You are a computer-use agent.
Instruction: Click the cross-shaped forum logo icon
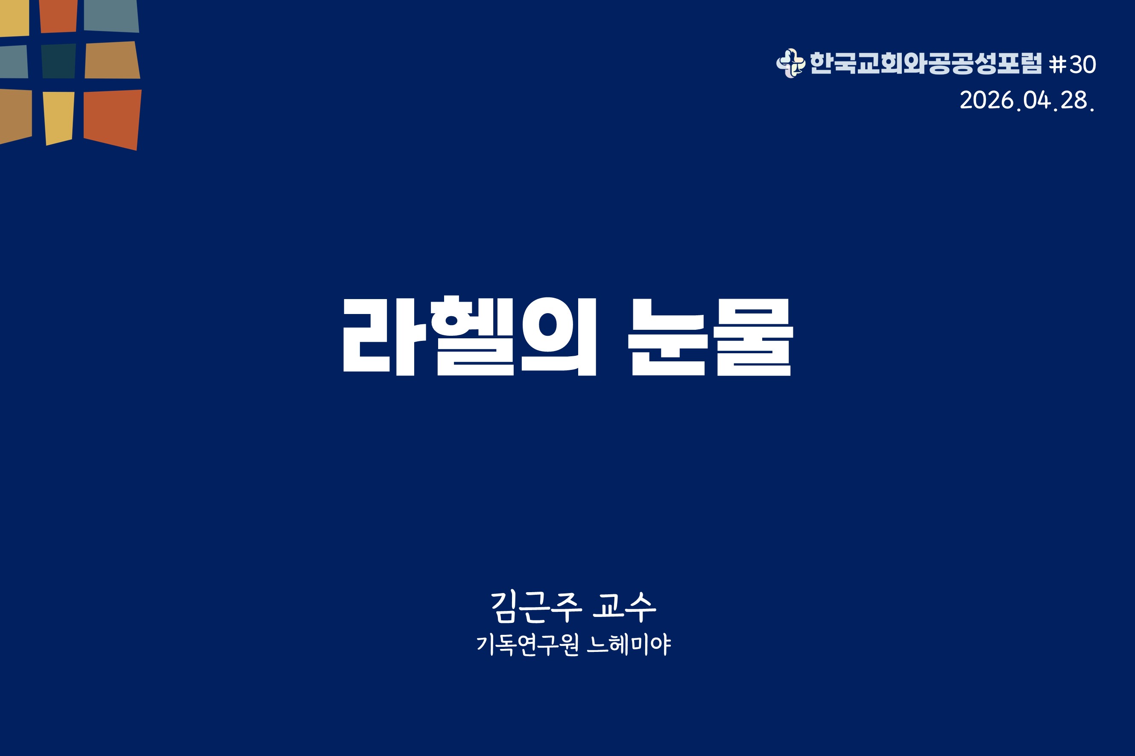790,63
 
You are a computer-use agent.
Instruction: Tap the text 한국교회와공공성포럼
926,63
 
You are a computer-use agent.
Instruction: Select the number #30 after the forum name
1072,64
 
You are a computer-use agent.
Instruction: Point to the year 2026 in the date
987,100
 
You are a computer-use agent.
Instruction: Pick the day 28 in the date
1074,100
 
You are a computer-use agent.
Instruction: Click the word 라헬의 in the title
470,336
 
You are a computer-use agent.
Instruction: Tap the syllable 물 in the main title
753,337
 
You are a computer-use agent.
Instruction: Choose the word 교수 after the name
624,607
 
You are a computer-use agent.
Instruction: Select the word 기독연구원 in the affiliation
527,645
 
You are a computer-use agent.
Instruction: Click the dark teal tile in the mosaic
59,61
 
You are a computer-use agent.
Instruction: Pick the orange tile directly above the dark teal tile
58,16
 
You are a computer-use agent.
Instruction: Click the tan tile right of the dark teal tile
112,60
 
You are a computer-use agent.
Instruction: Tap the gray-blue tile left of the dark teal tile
14,62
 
